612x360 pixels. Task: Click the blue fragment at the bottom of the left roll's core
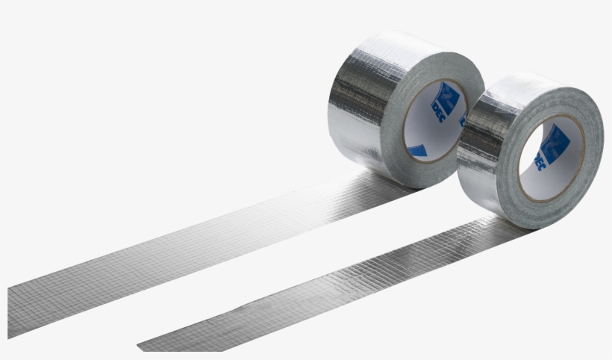tap(418, 151)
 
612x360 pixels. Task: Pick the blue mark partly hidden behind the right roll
tap(462, 120)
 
